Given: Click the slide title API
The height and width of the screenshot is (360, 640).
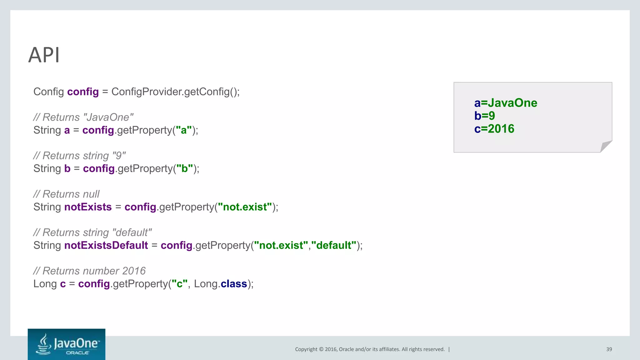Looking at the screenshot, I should pyautogui.click(x=44, y=55).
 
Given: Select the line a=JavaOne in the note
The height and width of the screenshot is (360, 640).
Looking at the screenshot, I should pyautogui.click(x=505, y=103).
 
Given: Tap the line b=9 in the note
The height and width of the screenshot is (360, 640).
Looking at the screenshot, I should pyautogui.click(x=484, y=116).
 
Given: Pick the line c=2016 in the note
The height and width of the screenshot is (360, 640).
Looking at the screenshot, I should pyautogui.click(x=494, y=129).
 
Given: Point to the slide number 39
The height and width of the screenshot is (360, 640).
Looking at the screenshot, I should pyautogui.click(x=609, y=349).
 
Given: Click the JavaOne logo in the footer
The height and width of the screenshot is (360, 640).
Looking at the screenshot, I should pyautogui.click(x=67, y=344).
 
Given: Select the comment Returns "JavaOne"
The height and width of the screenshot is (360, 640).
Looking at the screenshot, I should pyautogui.click(x=83, y=117).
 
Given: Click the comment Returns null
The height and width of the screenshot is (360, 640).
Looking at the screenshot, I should pyautogui.click(x=66, y=194).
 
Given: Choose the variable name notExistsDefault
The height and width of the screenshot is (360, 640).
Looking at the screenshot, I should pyautogui.click(x=106, y=245).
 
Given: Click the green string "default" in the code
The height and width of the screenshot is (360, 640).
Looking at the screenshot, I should pyautogui.click(x=334, y=245).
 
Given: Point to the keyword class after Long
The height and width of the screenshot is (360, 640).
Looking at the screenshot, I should pyautogui.click(x=234, y=284).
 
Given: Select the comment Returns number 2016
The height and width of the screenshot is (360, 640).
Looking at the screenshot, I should pyautogui.click(x=89, y=271).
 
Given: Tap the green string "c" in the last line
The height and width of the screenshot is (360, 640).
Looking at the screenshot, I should pyautogui.click(x=180, y=284).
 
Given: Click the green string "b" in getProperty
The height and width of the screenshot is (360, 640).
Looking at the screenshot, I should pyautogui.click(x=184, y=168).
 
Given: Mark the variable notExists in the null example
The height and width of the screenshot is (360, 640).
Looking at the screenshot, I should pyautogui.click(x=88, y=207).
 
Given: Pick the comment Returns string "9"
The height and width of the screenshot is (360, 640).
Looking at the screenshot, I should pyautogui.click(x=79, y=156).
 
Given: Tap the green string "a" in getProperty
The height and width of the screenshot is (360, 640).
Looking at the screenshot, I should pyautogui.click(x=184, y=130).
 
